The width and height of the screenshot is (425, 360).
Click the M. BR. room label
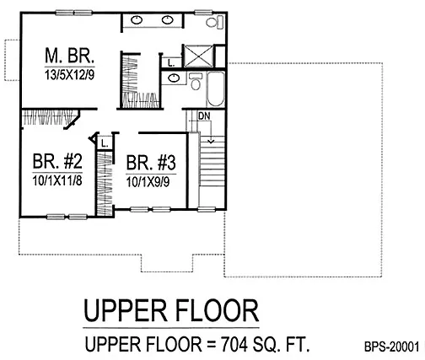tap(69, 56)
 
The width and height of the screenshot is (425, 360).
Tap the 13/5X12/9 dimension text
tap(69, 75)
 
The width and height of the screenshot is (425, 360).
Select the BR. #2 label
tap(57, 161)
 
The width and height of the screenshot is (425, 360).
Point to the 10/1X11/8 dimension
tap(57, 180)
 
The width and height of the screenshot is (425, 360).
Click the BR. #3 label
tap(151, 163)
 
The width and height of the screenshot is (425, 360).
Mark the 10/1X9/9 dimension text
tap(148, 182)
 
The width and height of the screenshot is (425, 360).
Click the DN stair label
tap(204, 116)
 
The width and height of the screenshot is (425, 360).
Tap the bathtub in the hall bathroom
tap(216, 89)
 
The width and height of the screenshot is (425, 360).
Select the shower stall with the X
tap(198, 56)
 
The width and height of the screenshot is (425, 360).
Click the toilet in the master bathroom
tap(215, 22)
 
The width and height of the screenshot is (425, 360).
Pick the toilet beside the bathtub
tap(196, 81)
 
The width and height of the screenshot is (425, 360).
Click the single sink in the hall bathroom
tap(174, 78)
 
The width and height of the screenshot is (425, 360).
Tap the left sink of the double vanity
tap(137, 20)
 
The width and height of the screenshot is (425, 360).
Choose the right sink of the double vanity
tap(167, 20)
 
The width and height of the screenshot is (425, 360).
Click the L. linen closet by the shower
tap(171, 63)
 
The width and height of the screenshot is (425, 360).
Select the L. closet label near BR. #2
tap(105, 144)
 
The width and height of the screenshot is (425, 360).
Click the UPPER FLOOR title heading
tap(171, 311)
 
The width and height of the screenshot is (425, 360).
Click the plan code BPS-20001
tap(392, 347)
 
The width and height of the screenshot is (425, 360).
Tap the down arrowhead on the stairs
tap(211, 141)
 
